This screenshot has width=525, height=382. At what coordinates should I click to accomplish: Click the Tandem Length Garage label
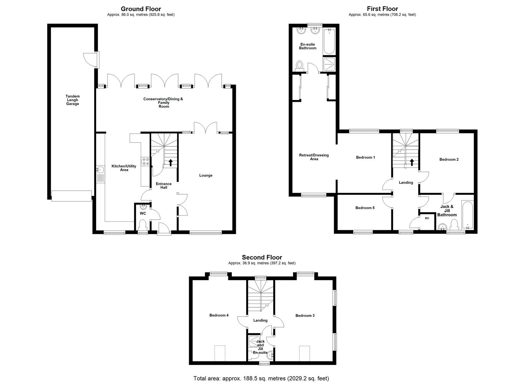pyautogui.click(x=72, y=100)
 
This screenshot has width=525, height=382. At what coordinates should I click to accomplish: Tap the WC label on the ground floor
pyautogui.click(x=143, y=213)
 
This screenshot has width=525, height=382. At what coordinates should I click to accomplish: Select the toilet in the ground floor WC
pyautogui.click(x=142, y=224)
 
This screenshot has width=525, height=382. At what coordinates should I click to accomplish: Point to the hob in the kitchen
pyautogui.click(x=145, y=161)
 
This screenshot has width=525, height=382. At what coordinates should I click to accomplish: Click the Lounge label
pyautogui.click(x=206, y=175)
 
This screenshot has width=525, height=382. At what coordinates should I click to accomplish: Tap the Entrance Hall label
pyautogui.click(x=164, y=185)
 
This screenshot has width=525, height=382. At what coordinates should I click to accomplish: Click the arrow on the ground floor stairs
pyautogui.click(x=171, y=162)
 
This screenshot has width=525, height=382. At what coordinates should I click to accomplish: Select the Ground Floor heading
pyautogui.click(x=141, y=9)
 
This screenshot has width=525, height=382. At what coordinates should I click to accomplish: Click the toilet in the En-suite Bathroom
pyautogui.click(x=300, y=65)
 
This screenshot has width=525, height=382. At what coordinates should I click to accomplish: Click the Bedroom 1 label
pyautogui.click(x=365, y=157)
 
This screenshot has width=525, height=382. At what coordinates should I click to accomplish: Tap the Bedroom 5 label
pyautogui.click(x=365, y=208)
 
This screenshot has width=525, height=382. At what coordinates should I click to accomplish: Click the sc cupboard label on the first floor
pyautogui.click(x=427, y=218)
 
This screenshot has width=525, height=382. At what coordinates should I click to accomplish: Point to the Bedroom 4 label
pyautogui.click(x=219, y=315)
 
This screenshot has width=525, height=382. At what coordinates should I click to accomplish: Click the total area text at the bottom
pyautogui.click(x=261, y=378)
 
